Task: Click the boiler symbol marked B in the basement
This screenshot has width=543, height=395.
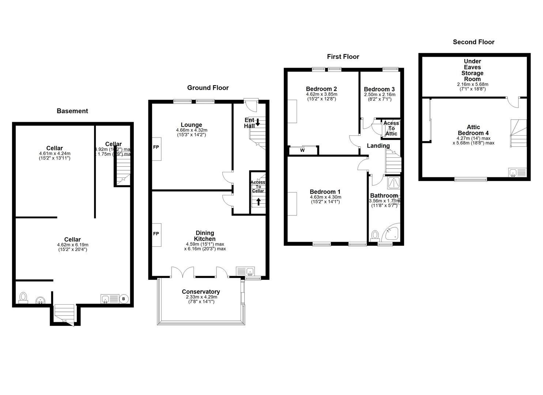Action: [x=124, y=299]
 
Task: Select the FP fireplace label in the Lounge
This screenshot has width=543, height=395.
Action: [x=156, y=148]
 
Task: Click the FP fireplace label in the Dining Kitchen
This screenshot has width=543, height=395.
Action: [x=156, y=234]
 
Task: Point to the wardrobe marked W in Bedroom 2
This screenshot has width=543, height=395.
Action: [x=303, y=150]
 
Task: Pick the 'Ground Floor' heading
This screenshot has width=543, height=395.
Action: [x=208, y=88]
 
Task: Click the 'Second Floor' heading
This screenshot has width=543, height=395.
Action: [x=474, y=42]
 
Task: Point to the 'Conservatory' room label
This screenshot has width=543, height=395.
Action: [x=201, y=292]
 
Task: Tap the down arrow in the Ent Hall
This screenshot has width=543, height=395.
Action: [x=257, y=122]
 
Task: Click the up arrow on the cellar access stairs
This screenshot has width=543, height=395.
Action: [x=259, y=201]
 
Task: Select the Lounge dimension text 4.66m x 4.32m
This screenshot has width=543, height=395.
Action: [x=191, y=130]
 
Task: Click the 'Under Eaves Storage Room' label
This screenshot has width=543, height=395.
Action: [x=472, y=70]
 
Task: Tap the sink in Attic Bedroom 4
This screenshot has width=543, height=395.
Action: [x=514, y=172]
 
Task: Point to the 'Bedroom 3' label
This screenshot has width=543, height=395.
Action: [x=379, y=89]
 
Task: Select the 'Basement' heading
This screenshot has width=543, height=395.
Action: [x=72, y=111]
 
